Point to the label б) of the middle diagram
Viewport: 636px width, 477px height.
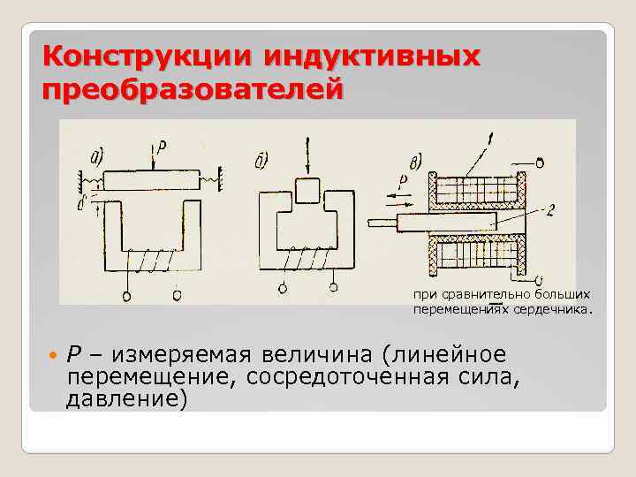point(261,159)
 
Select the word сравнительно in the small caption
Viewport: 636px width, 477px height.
point(475,295)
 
